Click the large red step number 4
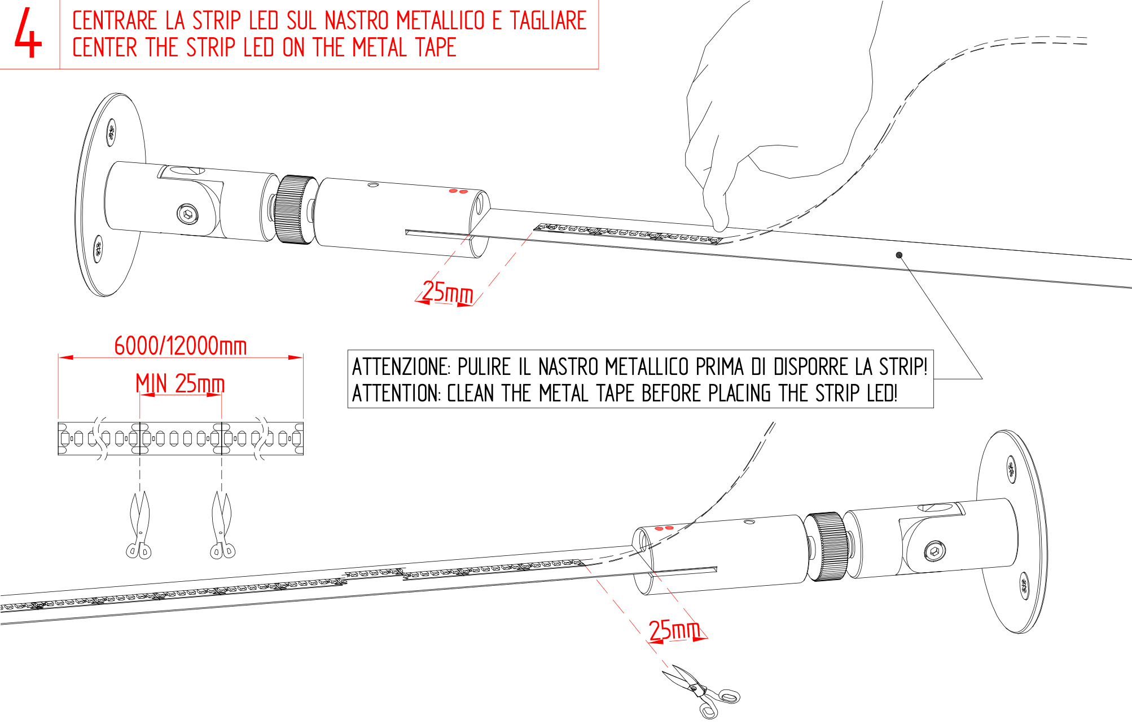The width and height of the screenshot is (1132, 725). (28, 34)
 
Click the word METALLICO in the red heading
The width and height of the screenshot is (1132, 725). (440, 21)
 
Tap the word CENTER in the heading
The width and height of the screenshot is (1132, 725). (105, 48)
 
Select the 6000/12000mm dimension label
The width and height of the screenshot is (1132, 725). (180, 346)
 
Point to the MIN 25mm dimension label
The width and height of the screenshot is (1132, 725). (180, 384)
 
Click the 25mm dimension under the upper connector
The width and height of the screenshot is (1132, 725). (447, 292)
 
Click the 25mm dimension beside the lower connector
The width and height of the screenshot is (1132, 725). (674, 630)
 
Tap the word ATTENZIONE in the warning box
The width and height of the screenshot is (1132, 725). (401, 367)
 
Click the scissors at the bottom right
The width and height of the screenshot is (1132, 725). (703, 691)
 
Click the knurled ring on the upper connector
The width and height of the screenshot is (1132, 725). (295, 209)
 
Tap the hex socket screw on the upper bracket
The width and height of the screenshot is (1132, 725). (187, 214)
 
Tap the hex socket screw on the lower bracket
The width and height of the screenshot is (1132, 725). (934, 551)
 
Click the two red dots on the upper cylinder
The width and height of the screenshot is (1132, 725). (458, 192)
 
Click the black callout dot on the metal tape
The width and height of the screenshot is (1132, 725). (899, 255)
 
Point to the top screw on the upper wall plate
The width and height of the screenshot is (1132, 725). (111, 133)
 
